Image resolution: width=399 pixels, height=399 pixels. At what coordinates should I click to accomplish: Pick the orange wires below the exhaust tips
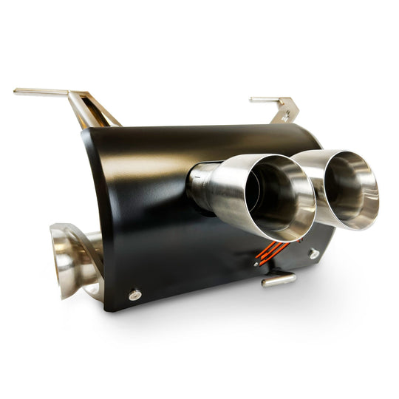pos(270,251)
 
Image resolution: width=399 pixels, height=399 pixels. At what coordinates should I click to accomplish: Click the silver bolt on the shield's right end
pos(314,253)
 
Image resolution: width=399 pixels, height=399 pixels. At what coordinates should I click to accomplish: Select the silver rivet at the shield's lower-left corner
pos(134,295)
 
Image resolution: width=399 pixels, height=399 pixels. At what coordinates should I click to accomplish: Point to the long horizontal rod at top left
pos(41,92)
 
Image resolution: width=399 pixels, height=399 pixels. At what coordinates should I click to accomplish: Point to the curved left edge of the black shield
pos(96,214)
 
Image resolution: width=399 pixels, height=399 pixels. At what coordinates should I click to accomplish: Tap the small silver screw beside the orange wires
pos(256,263)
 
